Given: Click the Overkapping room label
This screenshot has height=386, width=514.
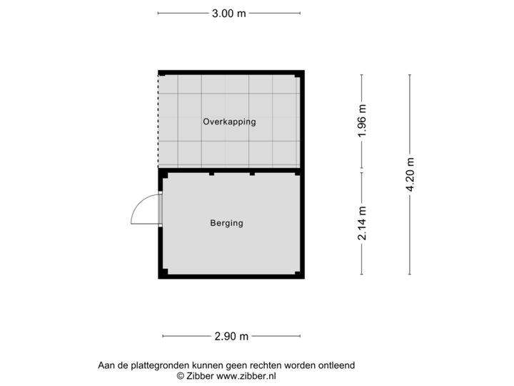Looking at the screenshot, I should click(229, 122).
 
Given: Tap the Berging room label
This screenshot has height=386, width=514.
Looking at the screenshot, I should click(226, 223).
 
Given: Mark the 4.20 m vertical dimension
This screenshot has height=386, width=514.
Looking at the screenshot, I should click(410, 174).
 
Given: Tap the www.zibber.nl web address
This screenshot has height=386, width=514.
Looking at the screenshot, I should click(246, 375).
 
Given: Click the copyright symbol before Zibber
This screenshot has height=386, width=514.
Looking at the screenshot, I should click(180, 375).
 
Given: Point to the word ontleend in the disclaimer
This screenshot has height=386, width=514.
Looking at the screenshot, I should click(336, 365).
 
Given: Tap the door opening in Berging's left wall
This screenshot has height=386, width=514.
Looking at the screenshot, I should click(160, 211).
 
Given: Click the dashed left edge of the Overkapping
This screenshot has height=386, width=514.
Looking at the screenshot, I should click(158, 122).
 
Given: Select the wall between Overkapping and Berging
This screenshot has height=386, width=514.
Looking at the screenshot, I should click(229, 172).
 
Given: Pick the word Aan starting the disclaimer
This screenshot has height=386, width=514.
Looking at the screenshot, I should click(106, 365).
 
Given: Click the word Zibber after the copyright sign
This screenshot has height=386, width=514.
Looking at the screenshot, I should click(199, 375).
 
